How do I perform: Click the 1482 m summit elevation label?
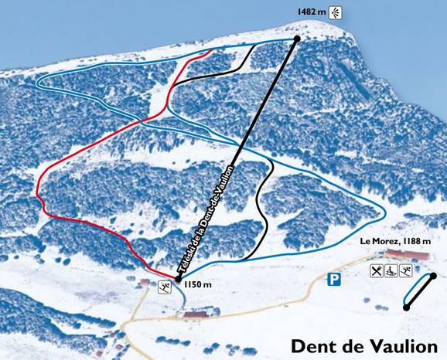311,12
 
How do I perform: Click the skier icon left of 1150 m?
165,288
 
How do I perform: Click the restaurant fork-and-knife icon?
377,270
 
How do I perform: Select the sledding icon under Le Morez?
391,270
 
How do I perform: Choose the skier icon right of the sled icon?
406,270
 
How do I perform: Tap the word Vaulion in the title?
402,345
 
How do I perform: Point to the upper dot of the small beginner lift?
433,276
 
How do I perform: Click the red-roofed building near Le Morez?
405,256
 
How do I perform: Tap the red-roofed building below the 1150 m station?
196,314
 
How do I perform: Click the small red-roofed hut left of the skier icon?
144,282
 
